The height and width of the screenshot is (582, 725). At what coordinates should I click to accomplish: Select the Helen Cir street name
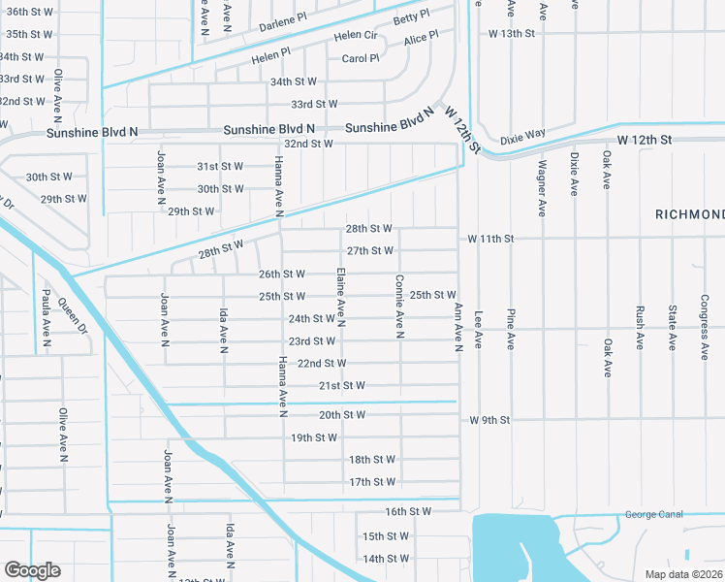[x=355, y=35]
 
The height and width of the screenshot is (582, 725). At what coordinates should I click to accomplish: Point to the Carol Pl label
[x=361, y=58]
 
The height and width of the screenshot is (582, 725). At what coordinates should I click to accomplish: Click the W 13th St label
[x=512, y=33]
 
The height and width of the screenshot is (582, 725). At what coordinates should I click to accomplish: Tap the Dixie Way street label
[x=523, y=139]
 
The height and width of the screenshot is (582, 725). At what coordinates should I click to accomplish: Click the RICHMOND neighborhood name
[x=689, y=213]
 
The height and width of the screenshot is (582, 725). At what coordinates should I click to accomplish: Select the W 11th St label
[x=490, y=238]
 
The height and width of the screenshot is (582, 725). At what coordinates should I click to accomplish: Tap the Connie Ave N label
[x=399, y=307]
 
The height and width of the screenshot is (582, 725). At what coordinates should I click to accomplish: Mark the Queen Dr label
[x=71, y=314]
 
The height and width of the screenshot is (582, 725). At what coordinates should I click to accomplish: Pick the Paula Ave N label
[x=45, y=319]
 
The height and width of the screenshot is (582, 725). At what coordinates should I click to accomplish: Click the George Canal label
[x=653, y=514]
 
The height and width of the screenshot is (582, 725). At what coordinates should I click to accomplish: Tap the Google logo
[x=32, y=570]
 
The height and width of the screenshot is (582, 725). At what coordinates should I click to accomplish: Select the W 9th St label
[x=489, y=420]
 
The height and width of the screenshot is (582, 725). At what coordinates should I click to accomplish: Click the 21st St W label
[x=342, y=385]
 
